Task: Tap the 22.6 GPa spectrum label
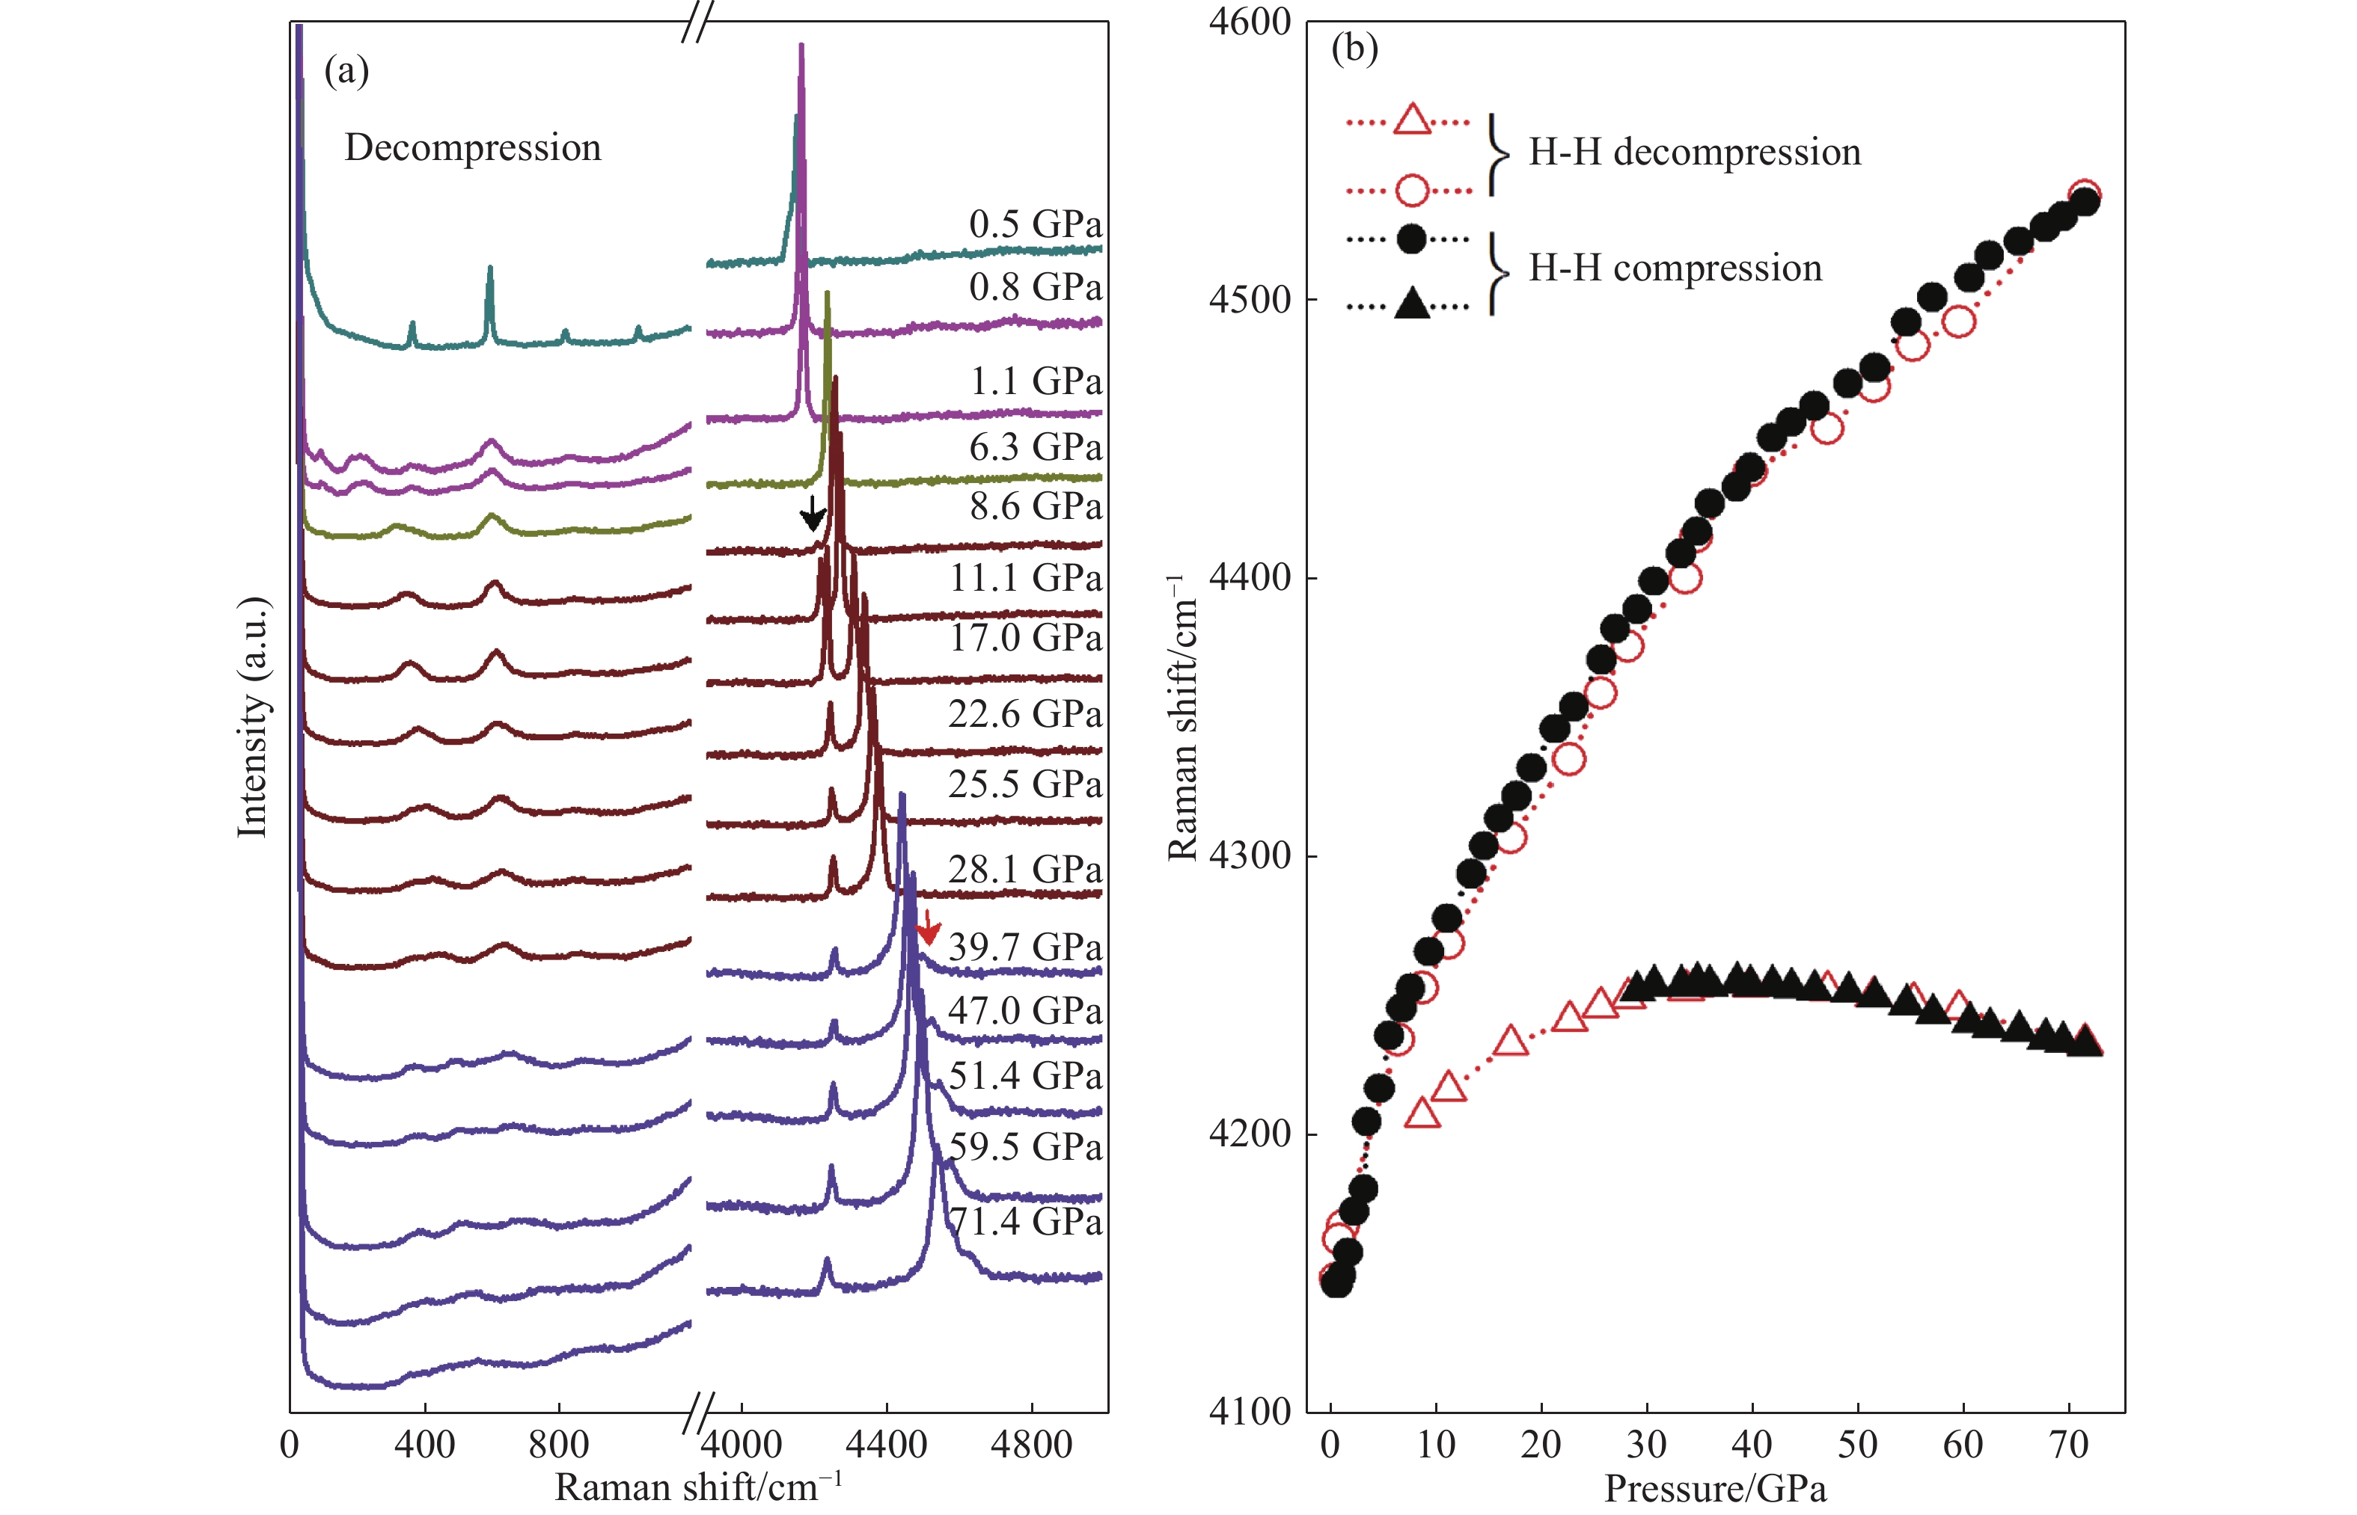point(1024,714)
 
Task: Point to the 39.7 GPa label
point(1024,947)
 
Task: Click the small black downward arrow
point(812,512)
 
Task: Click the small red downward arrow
point(927,926)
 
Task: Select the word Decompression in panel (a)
point(472,147)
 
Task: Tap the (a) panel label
point(346,71)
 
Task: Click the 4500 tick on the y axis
point(1249,300)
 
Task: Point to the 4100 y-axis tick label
point(1249,1412)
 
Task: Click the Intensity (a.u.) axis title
point(253,717)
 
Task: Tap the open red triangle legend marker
point(1412,120)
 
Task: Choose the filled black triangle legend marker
point(1412,304)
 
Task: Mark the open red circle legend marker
point(1412,189)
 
